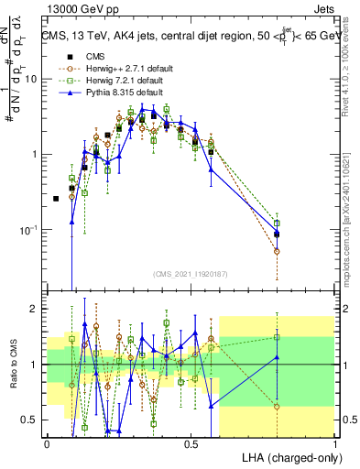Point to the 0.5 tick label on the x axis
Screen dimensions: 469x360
click(x=191, y=442)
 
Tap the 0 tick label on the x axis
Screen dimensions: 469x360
click(x=47, y=442)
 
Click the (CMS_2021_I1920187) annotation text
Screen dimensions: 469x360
click(x=190, y=272)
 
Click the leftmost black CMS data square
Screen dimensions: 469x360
click(x=56, y=199)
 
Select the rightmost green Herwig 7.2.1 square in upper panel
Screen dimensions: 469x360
click(x=277, y=223)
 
